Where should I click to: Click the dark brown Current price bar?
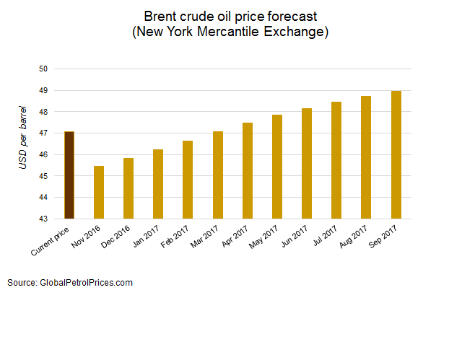69,175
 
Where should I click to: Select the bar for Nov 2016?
99,193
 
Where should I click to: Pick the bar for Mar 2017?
218,175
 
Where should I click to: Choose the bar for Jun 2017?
307,164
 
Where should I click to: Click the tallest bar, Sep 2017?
396,155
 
